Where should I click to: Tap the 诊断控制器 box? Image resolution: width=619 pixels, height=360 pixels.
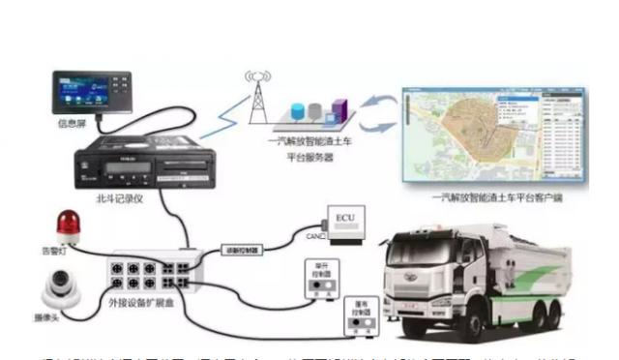tap(244, 250)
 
